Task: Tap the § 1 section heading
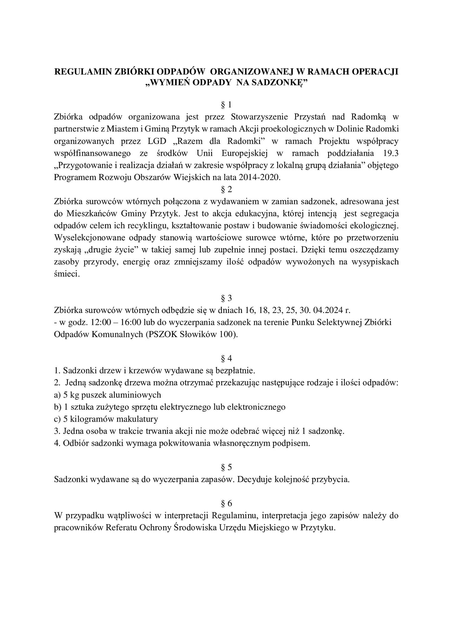click(226, 105)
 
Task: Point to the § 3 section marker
click(226, 298)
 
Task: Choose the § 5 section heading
click(226, 468)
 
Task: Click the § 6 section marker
click(226, 504)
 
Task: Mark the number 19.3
click(391, 153)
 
